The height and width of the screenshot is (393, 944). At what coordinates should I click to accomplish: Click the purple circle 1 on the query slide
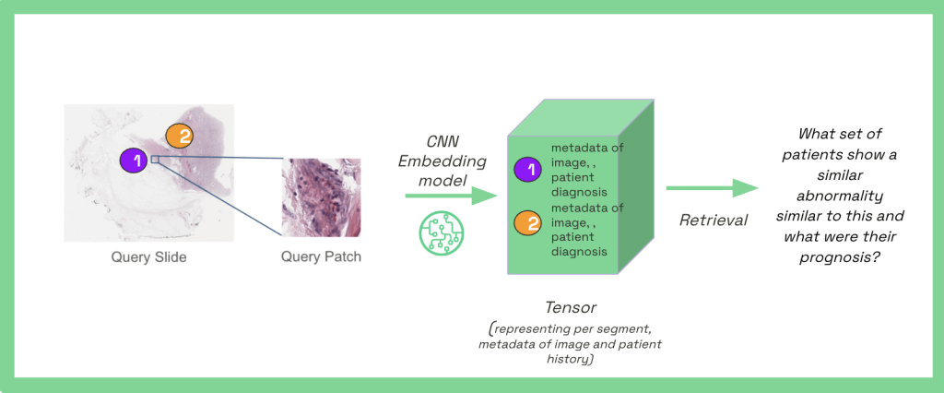tap(134, 161)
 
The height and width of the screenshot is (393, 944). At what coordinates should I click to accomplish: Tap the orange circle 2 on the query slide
tap(179, 137)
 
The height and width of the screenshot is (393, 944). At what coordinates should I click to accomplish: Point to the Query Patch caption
tap(321, 257)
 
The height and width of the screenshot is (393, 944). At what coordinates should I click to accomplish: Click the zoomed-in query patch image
tap(321, 197)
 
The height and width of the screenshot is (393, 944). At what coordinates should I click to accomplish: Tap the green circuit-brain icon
tap(439, 232)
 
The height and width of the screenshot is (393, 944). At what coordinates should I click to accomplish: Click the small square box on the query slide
tap(155, 160)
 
